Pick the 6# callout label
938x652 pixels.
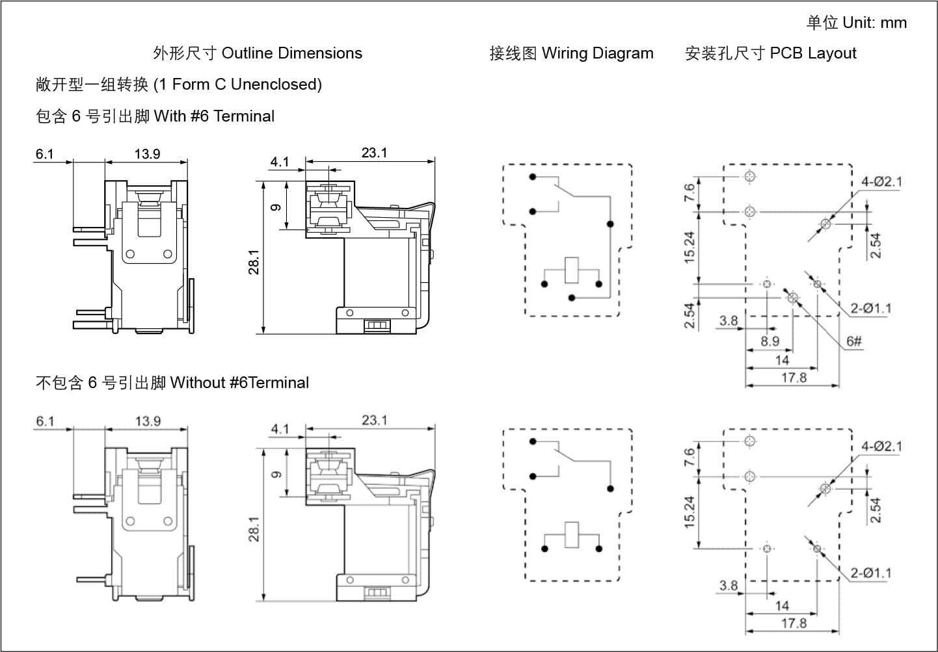854,341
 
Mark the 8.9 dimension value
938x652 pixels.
770,341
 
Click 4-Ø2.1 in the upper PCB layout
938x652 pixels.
881,182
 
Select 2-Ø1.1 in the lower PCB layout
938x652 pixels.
870,573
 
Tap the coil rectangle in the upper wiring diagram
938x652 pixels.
571,270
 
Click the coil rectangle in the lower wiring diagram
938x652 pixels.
571,534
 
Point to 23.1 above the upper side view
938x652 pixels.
374,153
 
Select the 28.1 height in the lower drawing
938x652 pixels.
254,529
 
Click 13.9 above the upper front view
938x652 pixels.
147,154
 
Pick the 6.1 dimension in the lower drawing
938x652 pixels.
45,421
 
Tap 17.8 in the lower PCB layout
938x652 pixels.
794,623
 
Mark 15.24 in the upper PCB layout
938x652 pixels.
690,248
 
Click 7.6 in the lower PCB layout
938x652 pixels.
690,457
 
